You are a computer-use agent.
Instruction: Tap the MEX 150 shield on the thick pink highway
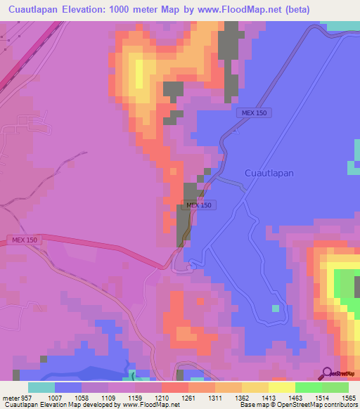pyautogui.click(x=27, y=240)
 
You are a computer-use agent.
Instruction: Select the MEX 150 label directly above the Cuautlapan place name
pyautogui.click(x=252, y=113)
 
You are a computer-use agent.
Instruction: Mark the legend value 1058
pyautogui.click(x=81, y=398)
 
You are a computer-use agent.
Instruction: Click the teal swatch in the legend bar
pyautogui.click(x=41, y=387)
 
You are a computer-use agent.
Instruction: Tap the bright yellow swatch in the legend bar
pyautogui.click(x=281, y=387)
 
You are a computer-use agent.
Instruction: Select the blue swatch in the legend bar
pyautogui.click(x=68, y=387)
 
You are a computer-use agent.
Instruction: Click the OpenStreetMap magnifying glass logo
pyautogui.click(x=327, y=373)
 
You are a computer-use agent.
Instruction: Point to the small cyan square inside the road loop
pyautogui.click(x=276, y=308)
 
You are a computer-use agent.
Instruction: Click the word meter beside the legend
pyautogui.click(x=11, y=398)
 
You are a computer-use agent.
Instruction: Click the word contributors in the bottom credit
pyautogui.click(x=340, y=405)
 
